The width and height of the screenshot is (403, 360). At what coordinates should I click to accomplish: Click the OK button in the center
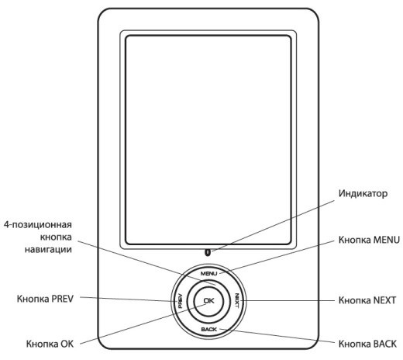pos(208,301)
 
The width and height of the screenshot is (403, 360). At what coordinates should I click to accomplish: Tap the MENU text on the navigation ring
pos(208,273)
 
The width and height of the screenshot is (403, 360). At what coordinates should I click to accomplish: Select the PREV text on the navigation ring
pos(181,300)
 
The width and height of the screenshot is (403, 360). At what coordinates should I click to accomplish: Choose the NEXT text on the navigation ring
pos(237,300)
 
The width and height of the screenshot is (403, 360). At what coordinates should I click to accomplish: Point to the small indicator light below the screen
pos(207,252)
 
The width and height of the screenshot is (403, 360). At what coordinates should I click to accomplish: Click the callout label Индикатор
pos(363,193)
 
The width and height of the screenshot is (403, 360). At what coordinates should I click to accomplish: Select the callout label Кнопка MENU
pos(369,240)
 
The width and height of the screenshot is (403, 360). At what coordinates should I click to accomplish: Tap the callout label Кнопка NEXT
pos(367,300)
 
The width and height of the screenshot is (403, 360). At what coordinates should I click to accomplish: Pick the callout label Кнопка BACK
pos(367,344)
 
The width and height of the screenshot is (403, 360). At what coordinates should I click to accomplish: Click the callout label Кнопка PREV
pos(45,299)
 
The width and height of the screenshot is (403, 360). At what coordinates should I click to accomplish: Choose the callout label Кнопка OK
pos(50,344)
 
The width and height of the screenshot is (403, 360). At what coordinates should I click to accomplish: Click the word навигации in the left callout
pos(48,250)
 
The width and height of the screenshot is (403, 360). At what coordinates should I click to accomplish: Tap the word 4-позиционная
pos(38,224)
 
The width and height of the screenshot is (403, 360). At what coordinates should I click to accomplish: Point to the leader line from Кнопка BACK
pos(277,336)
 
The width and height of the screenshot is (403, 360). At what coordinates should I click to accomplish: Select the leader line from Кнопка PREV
pos(129,299)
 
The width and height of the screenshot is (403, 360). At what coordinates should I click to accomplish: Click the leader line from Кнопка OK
pos(143,324)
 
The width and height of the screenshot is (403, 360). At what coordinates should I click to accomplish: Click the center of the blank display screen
pos(208,140)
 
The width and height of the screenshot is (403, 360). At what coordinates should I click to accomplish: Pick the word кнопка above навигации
pos(56,237)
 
